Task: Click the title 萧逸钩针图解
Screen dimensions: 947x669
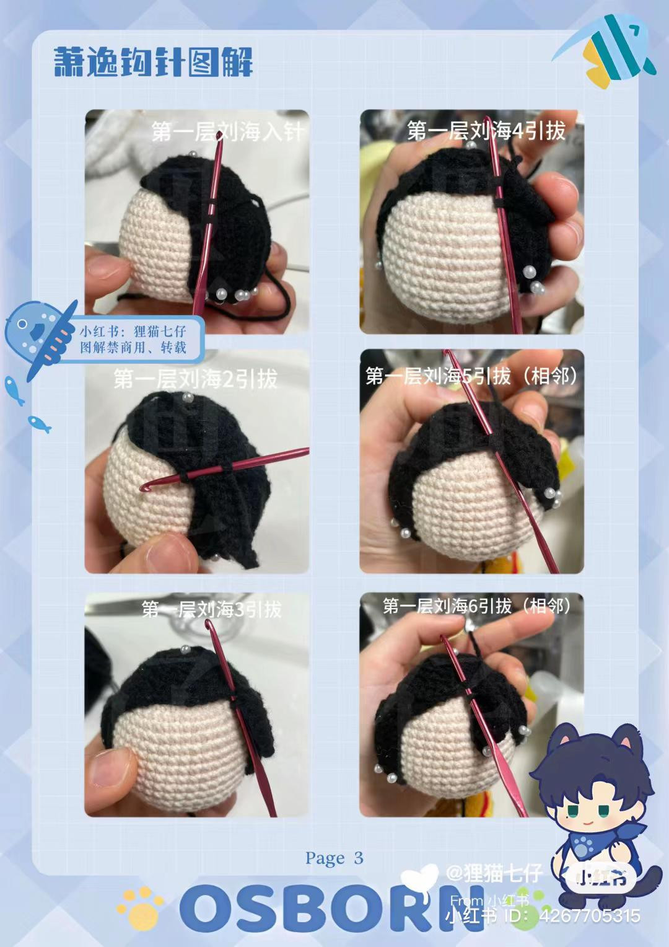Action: pos(153,62)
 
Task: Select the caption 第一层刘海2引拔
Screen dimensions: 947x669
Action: pos(195,379)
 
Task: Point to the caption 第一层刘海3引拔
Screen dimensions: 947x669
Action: pos(211,609)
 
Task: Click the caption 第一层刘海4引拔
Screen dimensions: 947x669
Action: pos(486,131)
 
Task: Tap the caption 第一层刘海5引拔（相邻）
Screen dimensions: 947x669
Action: pos(471,376)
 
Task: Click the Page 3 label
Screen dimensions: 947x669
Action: pos(334,858)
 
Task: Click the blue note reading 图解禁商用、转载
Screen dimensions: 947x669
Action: pos(134,339)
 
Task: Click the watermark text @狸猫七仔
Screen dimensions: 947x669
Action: pos(494,874)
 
